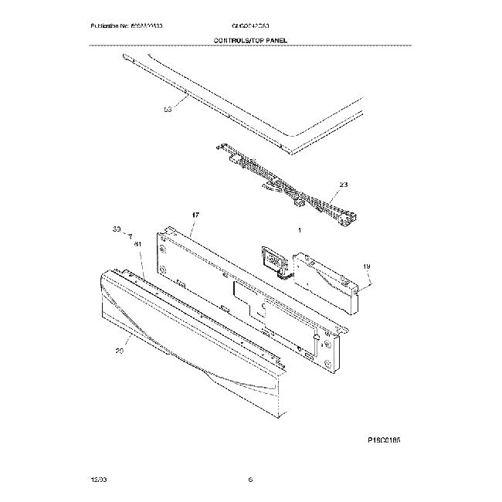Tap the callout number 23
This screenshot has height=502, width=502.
[343, 186]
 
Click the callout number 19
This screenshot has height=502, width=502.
[367, 266]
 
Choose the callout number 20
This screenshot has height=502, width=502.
[119, 351]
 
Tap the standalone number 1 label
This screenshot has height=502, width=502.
[299, 231]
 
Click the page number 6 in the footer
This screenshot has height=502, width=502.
[250, 480]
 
